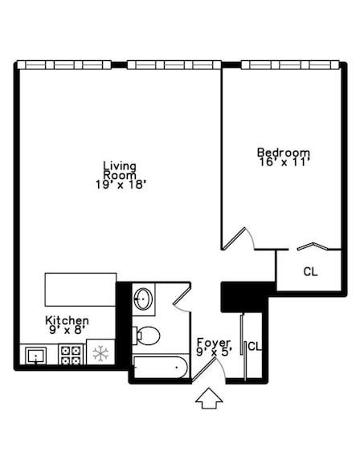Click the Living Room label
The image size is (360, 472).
[x=120, y=170]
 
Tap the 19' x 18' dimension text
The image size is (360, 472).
[x=120, y=184]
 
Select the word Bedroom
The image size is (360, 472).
[x=283, y=153]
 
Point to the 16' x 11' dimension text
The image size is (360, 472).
[x=283, y=162]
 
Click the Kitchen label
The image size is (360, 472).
[x=67, y=320]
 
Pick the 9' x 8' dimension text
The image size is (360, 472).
[x=66, y=330]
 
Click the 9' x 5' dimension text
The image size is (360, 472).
[x=213, y=352]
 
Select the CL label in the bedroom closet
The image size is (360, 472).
[x=310, y=271]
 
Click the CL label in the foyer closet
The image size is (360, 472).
[x=254, y=347]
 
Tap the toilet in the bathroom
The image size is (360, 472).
[x=147, y=334]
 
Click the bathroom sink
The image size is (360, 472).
[x=144, y=300]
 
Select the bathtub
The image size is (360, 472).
[x=160, y=367]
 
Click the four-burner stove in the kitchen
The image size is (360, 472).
[x=71, y=354]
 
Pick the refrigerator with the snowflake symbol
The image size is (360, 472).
[x=100, y=353]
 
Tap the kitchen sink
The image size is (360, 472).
[x=36, y=355]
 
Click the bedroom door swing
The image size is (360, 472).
[x=239, y=238]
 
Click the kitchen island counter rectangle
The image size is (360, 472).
[x=80, y=287]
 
